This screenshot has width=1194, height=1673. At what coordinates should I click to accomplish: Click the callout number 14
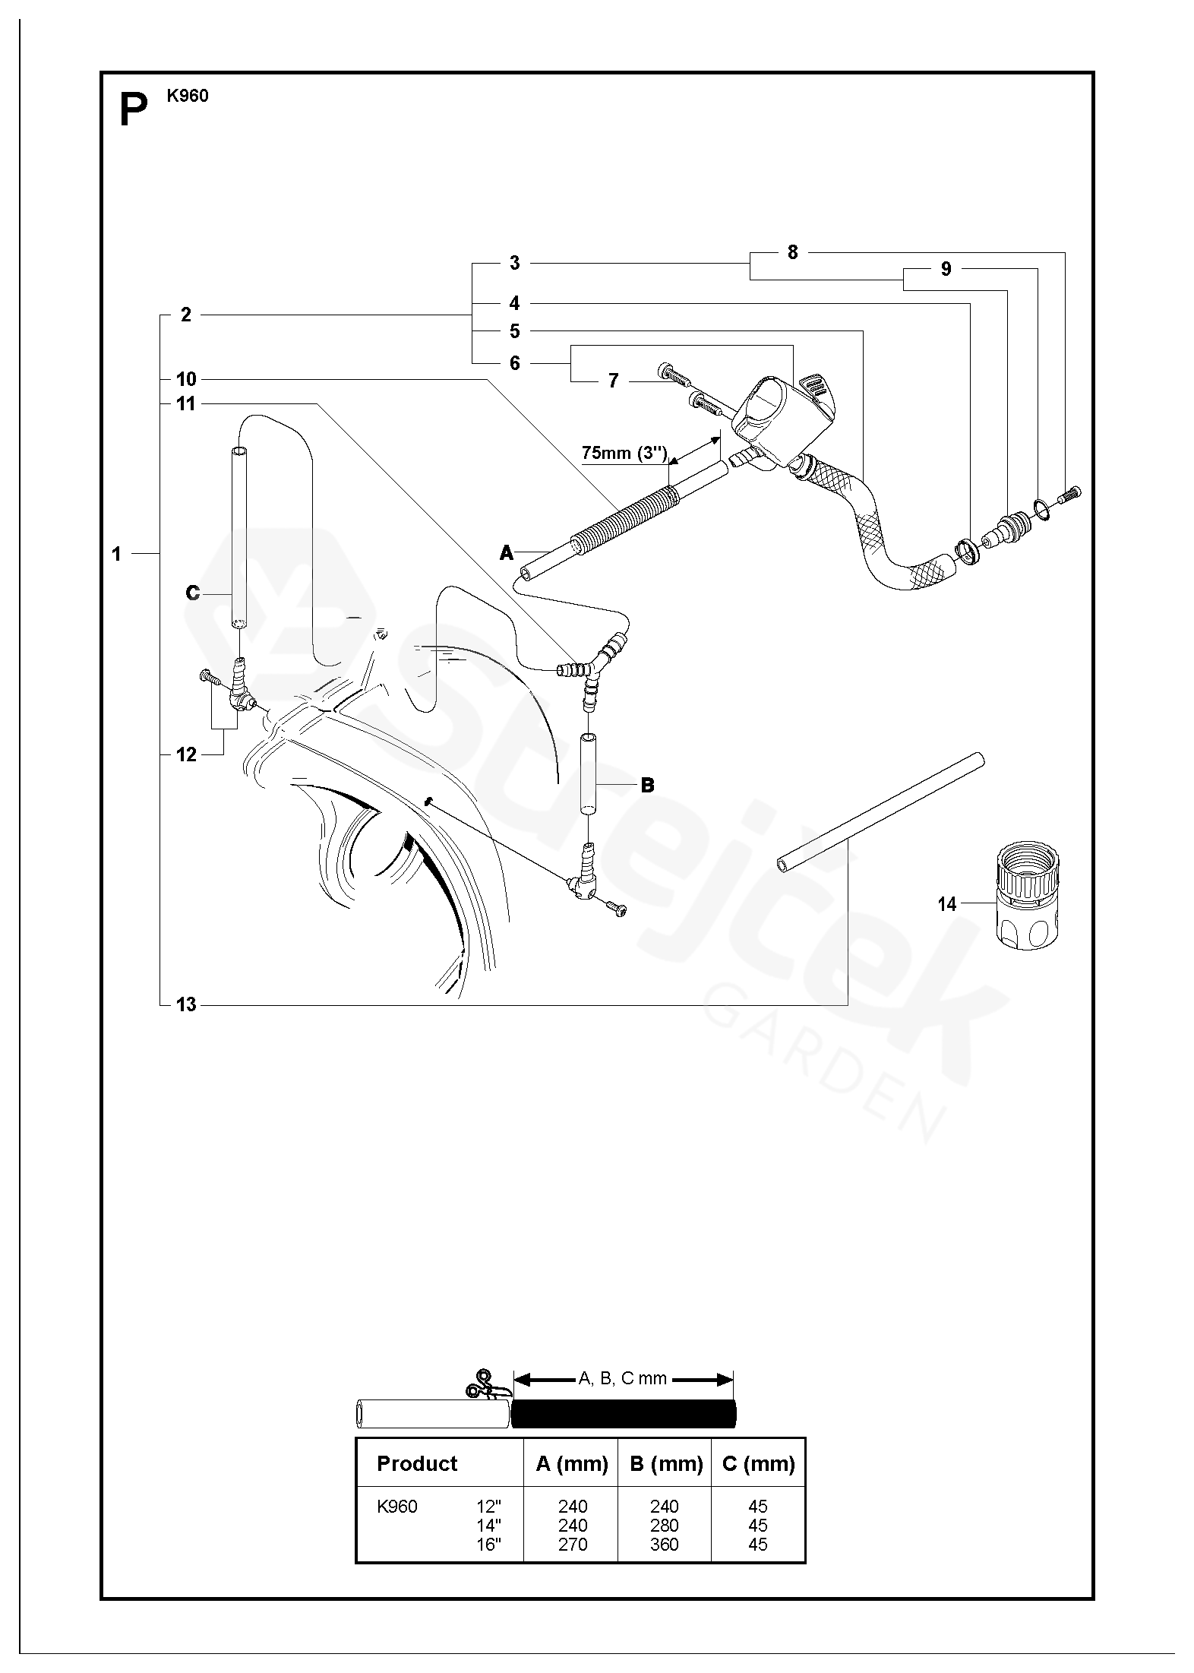pyautogui.click(x=946, y=904)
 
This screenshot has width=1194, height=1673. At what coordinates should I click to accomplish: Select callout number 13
pyautogui.click(x=186, y=1004)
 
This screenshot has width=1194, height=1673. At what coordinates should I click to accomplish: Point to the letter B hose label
pyautogui.click(x=647, y=785)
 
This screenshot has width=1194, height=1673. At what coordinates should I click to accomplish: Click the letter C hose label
pyautogui.click(x=192, y=593)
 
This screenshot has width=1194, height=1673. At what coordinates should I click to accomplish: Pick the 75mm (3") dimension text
pyautogui.click(x=624, y=453)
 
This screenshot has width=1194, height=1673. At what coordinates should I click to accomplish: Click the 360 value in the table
pyautogui.click(x=665, y=1543)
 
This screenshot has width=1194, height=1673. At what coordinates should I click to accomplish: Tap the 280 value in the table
pyautogui.click(x=665, y=1524)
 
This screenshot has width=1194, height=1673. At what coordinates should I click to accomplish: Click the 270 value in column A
pyautogui.click(x=572, y=1543)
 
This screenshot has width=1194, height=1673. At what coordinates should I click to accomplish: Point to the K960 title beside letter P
pyautogui.click(x=187, y=96)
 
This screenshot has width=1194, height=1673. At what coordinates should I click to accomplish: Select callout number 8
pyautogui.click(x=792, y=253)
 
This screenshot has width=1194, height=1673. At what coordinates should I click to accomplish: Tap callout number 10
pyautogui.click(x=186, y=379)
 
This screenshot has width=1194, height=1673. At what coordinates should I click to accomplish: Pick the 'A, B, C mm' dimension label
pyautogui.click(x=623, y=1378)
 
